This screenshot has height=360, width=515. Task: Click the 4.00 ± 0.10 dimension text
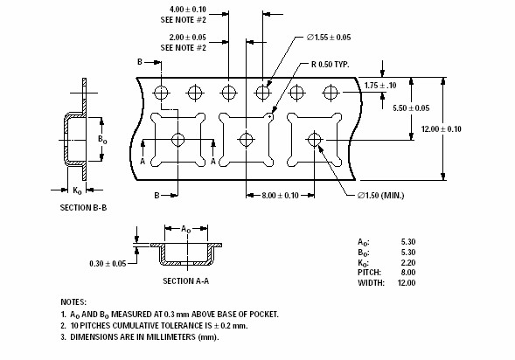(187, 10)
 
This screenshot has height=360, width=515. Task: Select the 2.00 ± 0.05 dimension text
(187, 37)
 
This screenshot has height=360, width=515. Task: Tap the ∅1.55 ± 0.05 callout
(329, 37)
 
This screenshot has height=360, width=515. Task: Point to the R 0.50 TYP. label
(331, 65)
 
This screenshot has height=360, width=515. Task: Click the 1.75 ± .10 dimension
(380, 86)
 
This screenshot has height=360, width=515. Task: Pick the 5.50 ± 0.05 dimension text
(411, 108)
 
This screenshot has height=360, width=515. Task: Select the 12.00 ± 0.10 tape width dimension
(441, 128)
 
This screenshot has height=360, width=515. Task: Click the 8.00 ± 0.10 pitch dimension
(280, 195)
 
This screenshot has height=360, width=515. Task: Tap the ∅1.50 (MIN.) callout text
(380, 195)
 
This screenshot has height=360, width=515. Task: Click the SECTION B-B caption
(83, 207)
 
